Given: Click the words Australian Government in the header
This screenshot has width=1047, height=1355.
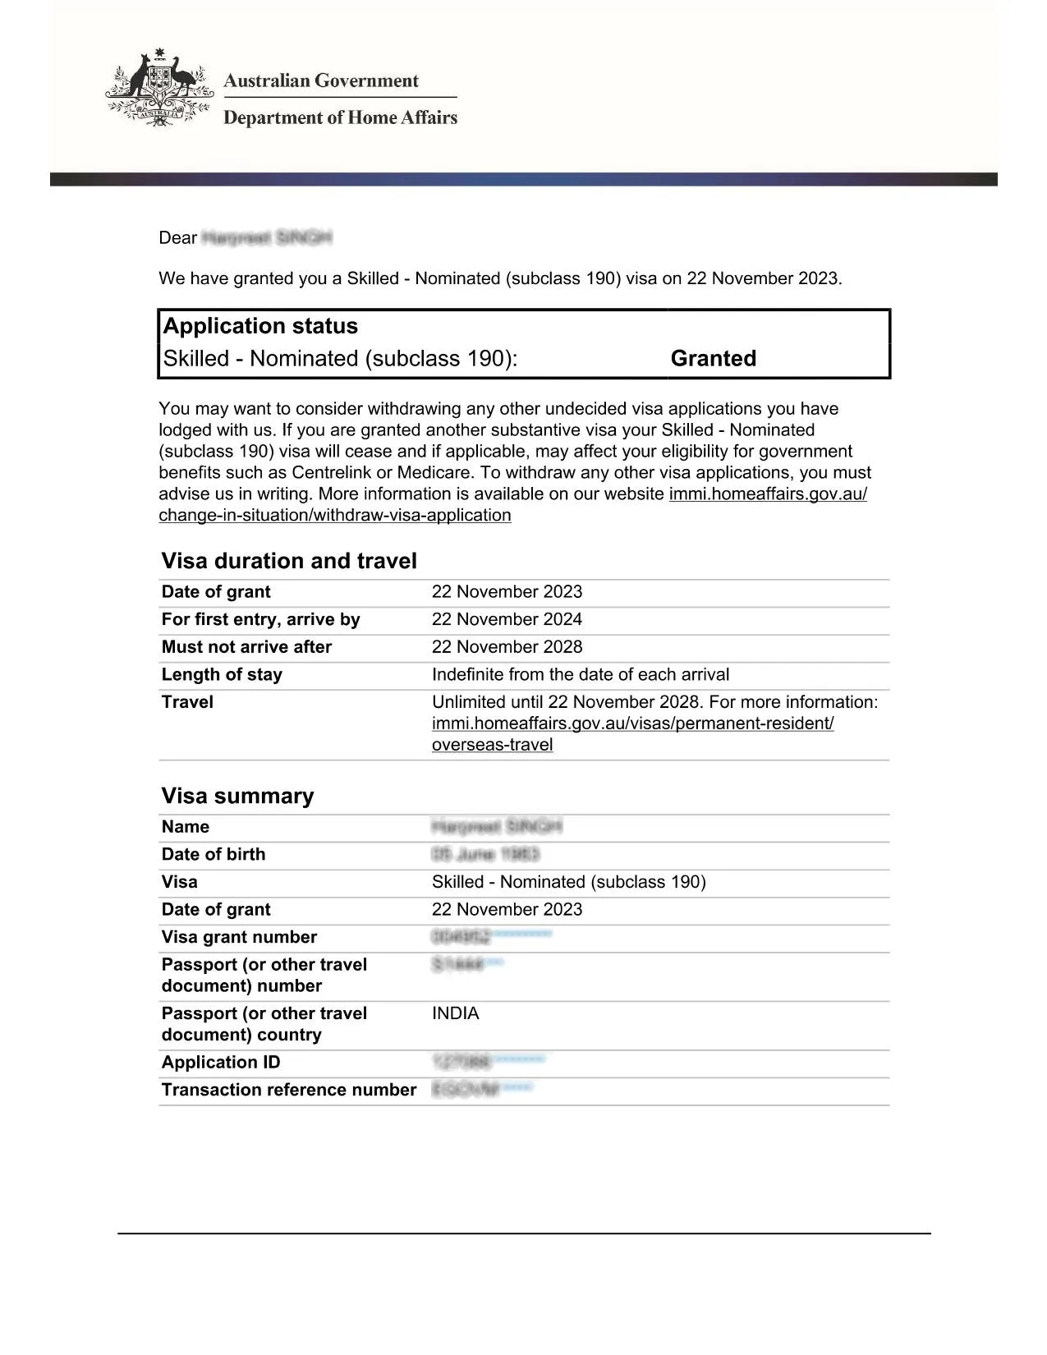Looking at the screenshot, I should click(320, 80).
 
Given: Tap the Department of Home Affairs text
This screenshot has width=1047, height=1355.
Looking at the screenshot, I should click(340, 117).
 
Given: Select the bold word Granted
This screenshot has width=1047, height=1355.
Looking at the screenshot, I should click(713, 358).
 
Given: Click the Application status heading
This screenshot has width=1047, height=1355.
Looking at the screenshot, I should click(260, 326).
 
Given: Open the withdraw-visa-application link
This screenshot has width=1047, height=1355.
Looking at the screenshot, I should click(334, 515).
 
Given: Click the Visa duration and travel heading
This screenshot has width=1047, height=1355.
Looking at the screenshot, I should click(289, 561).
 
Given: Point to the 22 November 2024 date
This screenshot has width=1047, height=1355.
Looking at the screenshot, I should click(507, 619).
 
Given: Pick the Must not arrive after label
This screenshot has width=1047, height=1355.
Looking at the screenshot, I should click(246, 647).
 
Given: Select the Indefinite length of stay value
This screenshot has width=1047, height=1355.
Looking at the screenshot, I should click(580, 674).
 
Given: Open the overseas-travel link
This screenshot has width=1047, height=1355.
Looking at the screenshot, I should click(492, 745).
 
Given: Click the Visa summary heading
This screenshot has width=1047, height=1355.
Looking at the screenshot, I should click(237, 796).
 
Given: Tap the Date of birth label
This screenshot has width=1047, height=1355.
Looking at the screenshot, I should click(214, 854).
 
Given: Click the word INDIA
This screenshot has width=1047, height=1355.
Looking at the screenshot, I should click(455, 1013).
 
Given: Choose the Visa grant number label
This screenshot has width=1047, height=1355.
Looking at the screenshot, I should click(239, 937).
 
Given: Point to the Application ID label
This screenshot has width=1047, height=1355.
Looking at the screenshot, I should click(221, 1062).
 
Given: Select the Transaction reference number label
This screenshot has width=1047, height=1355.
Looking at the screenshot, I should click(289, 1090).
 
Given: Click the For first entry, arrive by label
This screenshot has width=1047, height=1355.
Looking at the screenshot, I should click(260, 619).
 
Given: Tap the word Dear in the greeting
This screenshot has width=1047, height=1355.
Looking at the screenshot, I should click(177, 238).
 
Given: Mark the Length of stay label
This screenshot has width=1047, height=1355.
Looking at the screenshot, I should click(222, 674).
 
